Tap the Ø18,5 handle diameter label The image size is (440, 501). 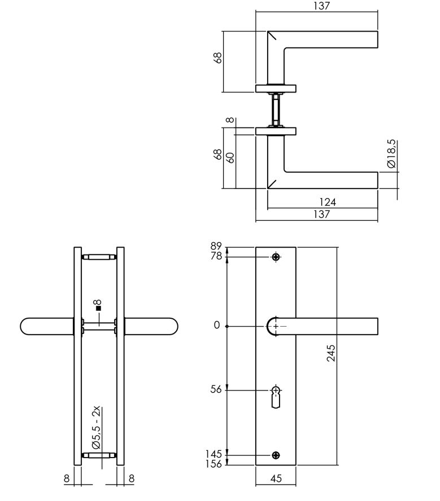tap(391, 155)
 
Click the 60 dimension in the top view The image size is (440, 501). tap(230, 157)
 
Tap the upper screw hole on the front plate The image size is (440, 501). tap(276, 257)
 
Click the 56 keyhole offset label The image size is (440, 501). tap(216, 389)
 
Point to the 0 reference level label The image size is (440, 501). tap(216, 327)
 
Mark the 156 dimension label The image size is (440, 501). tap(214, 464)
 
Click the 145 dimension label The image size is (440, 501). tap(214, 454)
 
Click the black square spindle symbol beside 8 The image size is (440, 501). tap(98, 309)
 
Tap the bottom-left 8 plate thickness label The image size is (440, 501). tap(67, 478)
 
